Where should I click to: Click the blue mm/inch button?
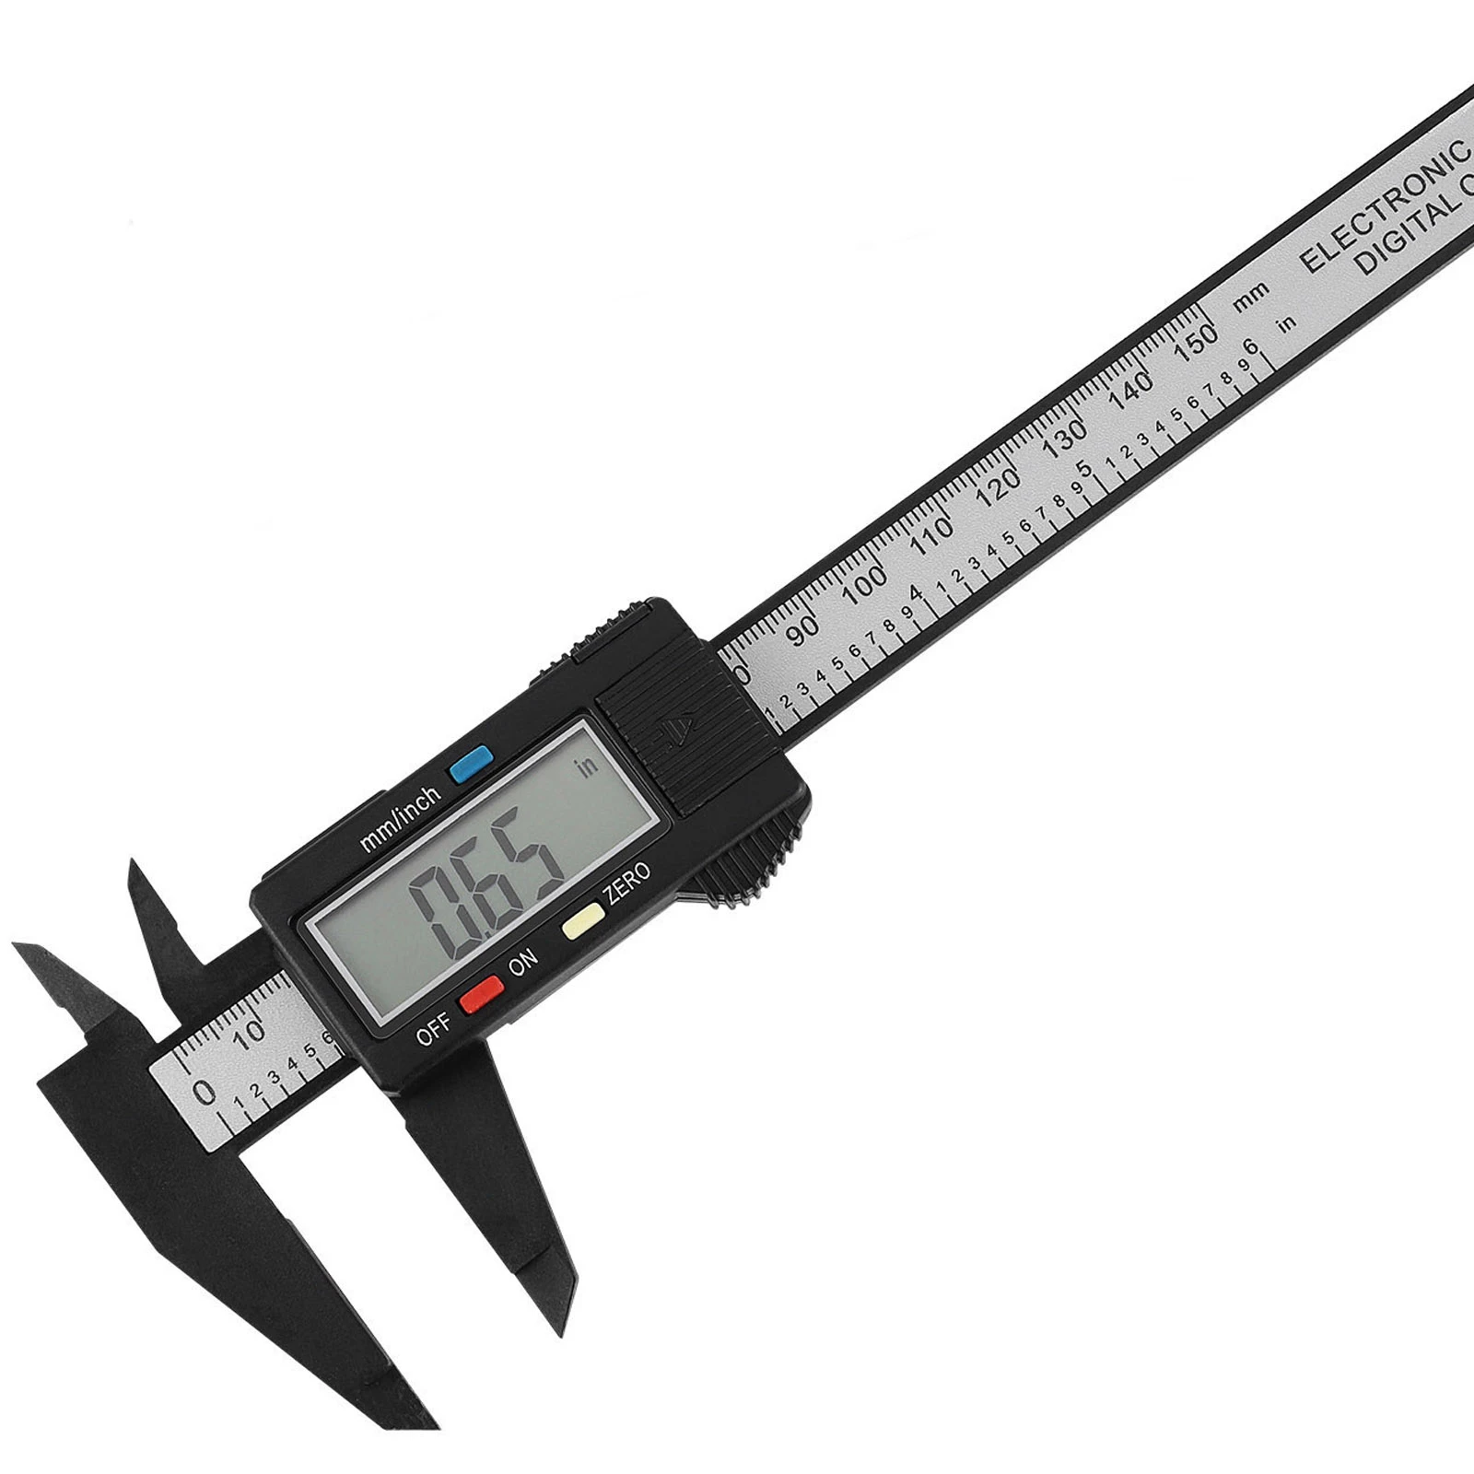(471, 763)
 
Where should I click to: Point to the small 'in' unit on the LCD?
(587, 766)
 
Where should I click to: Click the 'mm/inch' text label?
(401, 818)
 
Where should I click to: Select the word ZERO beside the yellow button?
(626, 883)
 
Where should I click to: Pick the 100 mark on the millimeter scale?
(865, 580)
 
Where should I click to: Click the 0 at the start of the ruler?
(205, 1094)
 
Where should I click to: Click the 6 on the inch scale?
(1250, 348)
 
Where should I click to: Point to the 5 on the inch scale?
(1084, 468)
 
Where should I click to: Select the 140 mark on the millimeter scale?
(1131, 390)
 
